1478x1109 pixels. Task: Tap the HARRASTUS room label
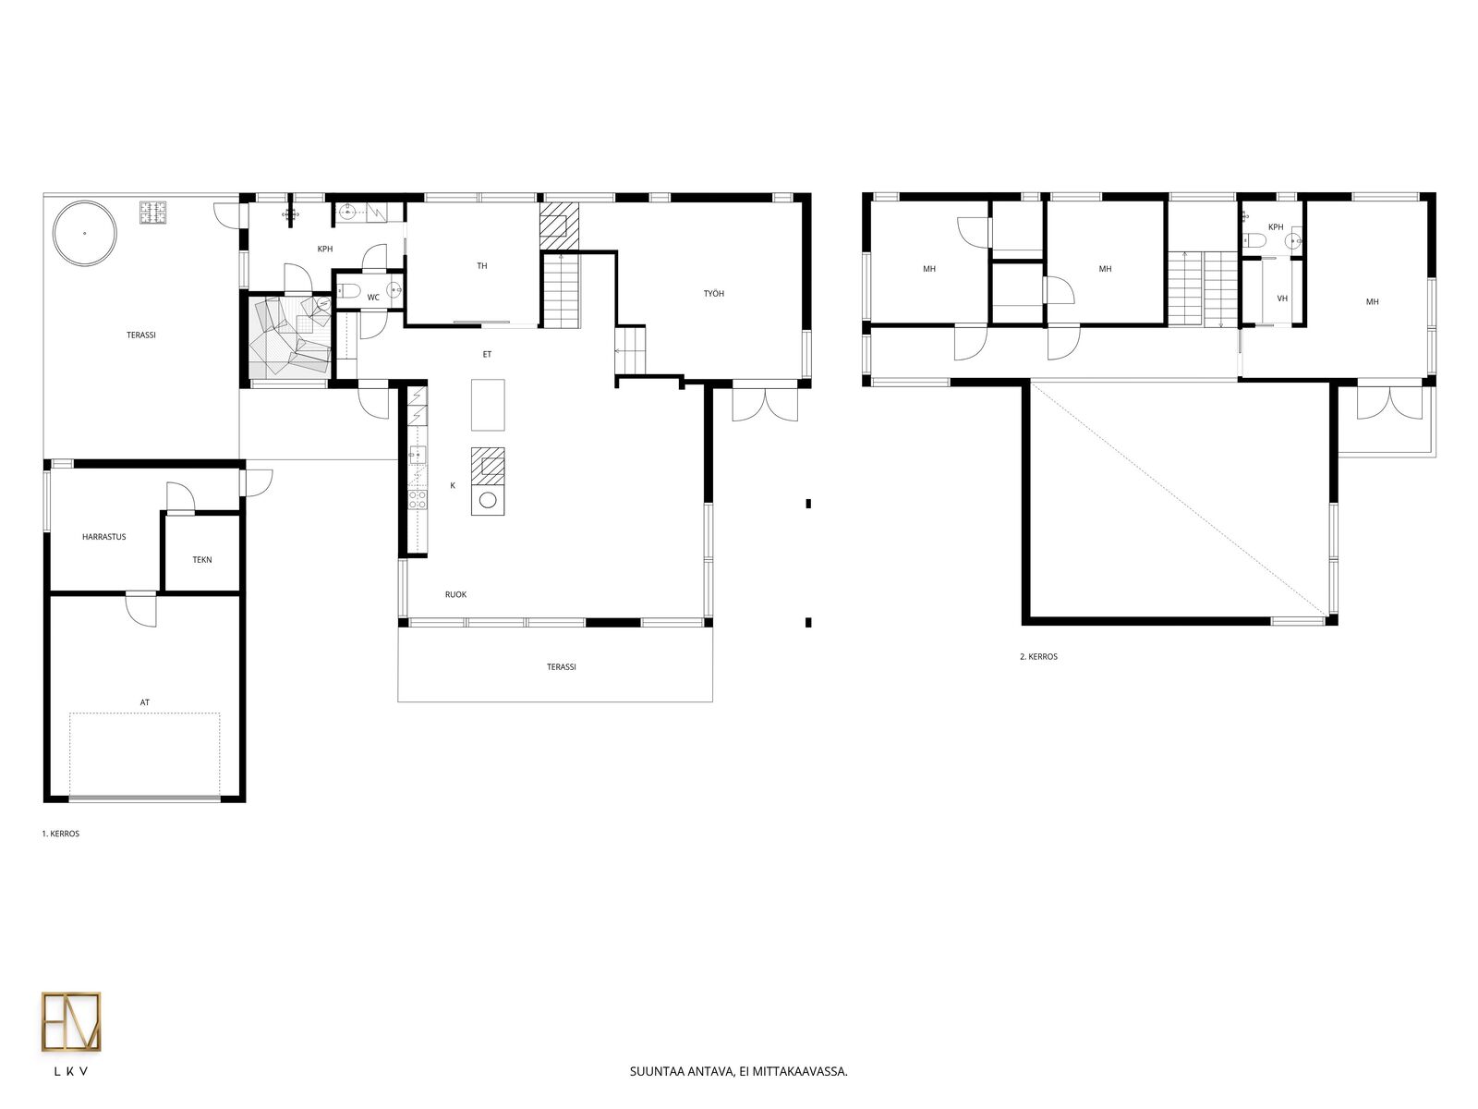(103, 537)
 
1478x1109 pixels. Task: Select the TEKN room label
(202, 559)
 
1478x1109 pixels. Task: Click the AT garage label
(144, 702)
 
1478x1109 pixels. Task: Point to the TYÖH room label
(714, 294)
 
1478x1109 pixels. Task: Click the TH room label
(482, 266)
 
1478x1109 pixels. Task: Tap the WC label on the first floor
(373, 297)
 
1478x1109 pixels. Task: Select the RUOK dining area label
(455, 594)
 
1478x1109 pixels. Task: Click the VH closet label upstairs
(1282, 299)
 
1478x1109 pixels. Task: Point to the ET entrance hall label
(487, 354)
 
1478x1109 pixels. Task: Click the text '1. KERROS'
(61, 834)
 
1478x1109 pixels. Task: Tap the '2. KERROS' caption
(1038, 656)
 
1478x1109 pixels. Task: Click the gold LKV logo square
(71, 1021)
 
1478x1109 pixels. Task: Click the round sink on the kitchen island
(488, 500)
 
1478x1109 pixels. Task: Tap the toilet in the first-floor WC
(346, 291)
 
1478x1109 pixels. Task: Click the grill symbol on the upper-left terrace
(152, 213)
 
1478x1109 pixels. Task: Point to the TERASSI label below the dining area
(561, 666)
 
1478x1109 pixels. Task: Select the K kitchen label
(453, 485)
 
